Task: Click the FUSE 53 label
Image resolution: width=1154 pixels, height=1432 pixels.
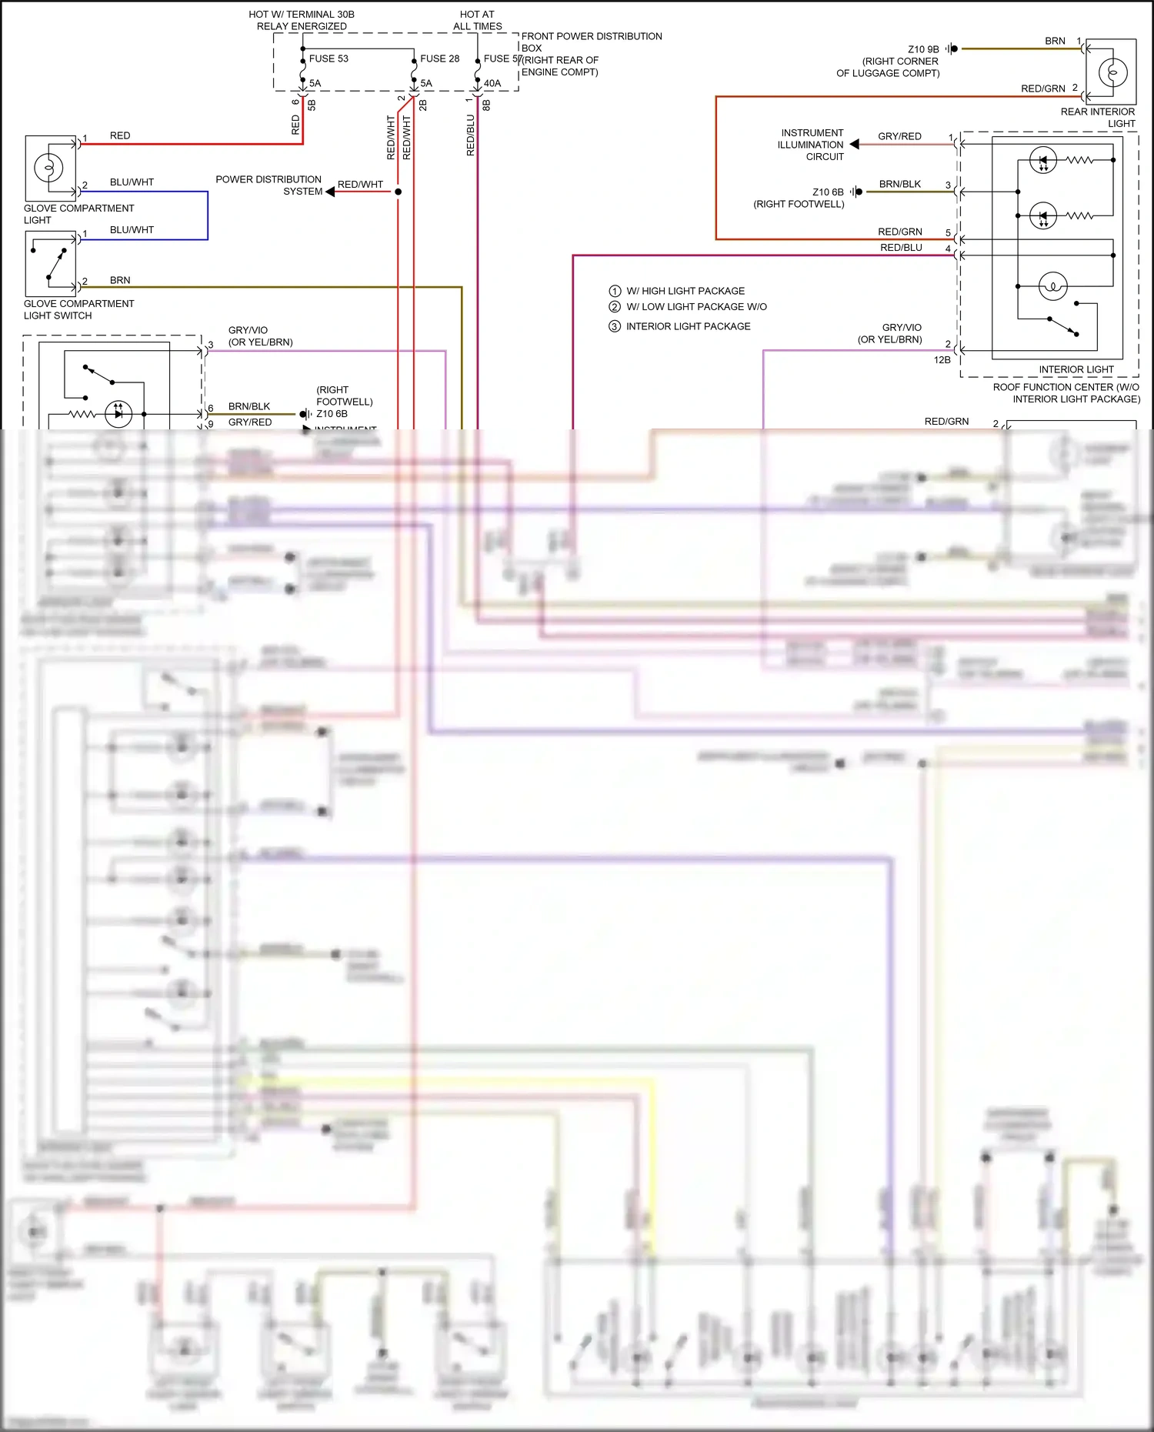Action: tap(329, 58)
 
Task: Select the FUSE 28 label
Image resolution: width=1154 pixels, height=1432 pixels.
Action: tap(439, 58)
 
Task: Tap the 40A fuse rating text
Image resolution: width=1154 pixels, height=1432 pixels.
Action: tap(492, 83)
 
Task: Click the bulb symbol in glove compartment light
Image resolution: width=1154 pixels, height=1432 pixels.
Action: tap(48, 168)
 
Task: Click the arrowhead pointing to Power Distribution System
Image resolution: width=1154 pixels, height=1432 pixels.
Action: tap(330, 192)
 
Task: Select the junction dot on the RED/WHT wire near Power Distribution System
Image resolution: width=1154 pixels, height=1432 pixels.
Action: tap(398, 192)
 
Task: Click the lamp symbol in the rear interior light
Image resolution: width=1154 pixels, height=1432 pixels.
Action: tap(1112, 72)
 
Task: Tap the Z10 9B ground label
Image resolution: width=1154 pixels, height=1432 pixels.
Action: tap(923, 49)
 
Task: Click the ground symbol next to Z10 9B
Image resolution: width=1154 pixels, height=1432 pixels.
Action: tap(952, 49)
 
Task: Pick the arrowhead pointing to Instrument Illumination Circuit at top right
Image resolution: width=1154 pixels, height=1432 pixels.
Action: tap(854, 144)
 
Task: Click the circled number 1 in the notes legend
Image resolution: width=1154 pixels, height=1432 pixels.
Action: tap(615, 291)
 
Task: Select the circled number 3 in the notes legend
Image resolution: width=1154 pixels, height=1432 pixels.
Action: tap(615, 326)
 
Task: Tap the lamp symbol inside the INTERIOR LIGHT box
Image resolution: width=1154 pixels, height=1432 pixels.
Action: tap(1052, 286)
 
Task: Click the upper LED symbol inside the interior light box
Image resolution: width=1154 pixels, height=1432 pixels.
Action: tap(1043, 160)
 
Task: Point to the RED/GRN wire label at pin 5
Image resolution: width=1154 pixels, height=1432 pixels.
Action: tap(899, 232)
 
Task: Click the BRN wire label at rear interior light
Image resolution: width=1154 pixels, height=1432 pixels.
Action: tap(1055, 41)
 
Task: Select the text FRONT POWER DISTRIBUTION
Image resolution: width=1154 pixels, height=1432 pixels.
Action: tap(591, 36)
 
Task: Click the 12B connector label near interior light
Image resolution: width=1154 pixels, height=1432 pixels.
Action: tap(942, 360)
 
